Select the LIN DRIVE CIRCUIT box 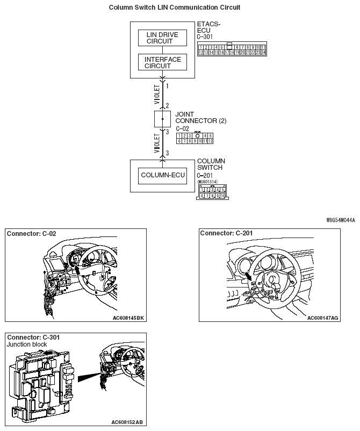click(x=162, y=38)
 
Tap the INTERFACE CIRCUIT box click(x=162, y=63)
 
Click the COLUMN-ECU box click(x=162, y=176)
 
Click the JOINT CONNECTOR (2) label click(x=200, y=117)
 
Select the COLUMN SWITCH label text click(x=211, y=164)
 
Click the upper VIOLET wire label click(x=157, y=94)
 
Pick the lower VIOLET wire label click(x=157, y=143)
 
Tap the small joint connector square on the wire click(x=162, y=119)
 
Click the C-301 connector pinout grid click(x=232, y=50)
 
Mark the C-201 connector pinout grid click(x=212, y=193)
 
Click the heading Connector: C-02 click(x=32, y=234)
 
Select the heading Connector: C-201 click(x=227, y=233)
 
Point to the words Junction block click(x=27, y=344)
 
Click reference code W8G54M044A click(x=340, y=220)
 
